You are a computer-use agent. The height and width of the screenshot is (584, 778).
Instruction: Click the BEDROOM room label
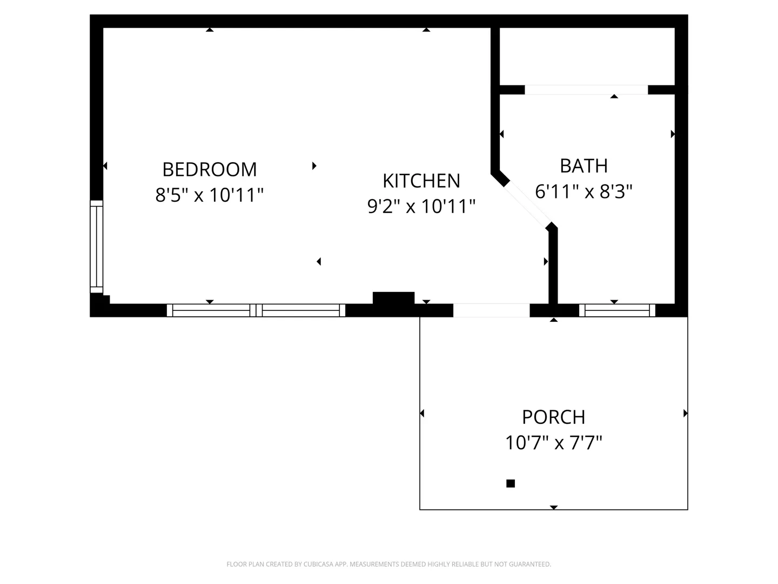(210, 169)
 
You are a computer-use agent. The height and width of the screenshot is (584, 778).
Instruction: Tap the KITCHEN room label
(421, 181)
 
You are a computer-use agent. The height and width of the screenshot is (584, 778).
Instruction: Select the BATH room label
(583, 166)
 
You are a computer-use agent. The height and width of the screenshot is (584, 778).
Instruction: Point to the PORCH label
(554, 417)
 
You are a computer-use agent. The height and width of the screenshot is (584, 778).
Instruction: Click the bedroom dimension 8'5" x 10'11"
(210, 195)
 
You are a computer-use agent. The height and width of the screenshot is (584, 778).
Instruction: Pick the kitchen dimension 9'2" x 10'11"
(421, 207)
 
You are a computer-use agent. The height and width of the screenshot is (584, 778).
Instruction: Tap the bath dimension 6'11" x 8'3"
(583, 191)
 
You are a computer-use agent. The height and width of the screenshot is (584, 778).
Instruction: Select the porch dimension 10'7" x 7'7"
(554, 442)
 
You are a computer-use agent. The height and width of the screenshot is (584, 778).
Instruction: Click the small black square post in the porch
(511, 483)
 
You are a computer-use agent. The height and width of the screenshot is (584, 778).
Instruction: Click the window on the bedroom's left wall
(96, 247)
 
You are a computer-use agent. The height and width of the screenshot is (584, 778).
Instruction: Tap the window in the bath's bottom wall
(617, 310)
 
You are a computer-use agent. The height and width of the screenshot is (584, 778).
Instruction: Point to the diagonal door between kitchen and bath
(528, 204)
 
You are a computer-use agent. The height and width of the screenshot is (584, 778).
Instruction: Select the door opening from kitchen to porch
(491, 310)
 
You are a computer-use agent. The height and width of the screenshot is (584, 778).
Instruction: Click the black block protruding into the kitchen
(393, 298)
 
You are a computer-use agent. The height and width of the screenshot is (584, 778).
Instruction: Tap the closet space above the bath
(587, 56)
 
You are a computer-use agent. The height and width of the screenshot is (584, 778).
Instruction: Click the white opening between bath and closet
(586, 90)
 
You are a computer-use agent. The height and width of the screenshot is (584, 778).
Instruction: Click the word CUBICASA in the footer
(317, 564)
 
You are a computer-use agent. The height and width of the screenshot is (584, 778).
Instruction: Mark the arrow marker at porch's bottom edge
(554, 507)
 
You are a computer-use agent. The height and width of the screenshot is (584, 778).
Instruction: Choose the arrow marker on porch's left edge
(422, 413)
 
